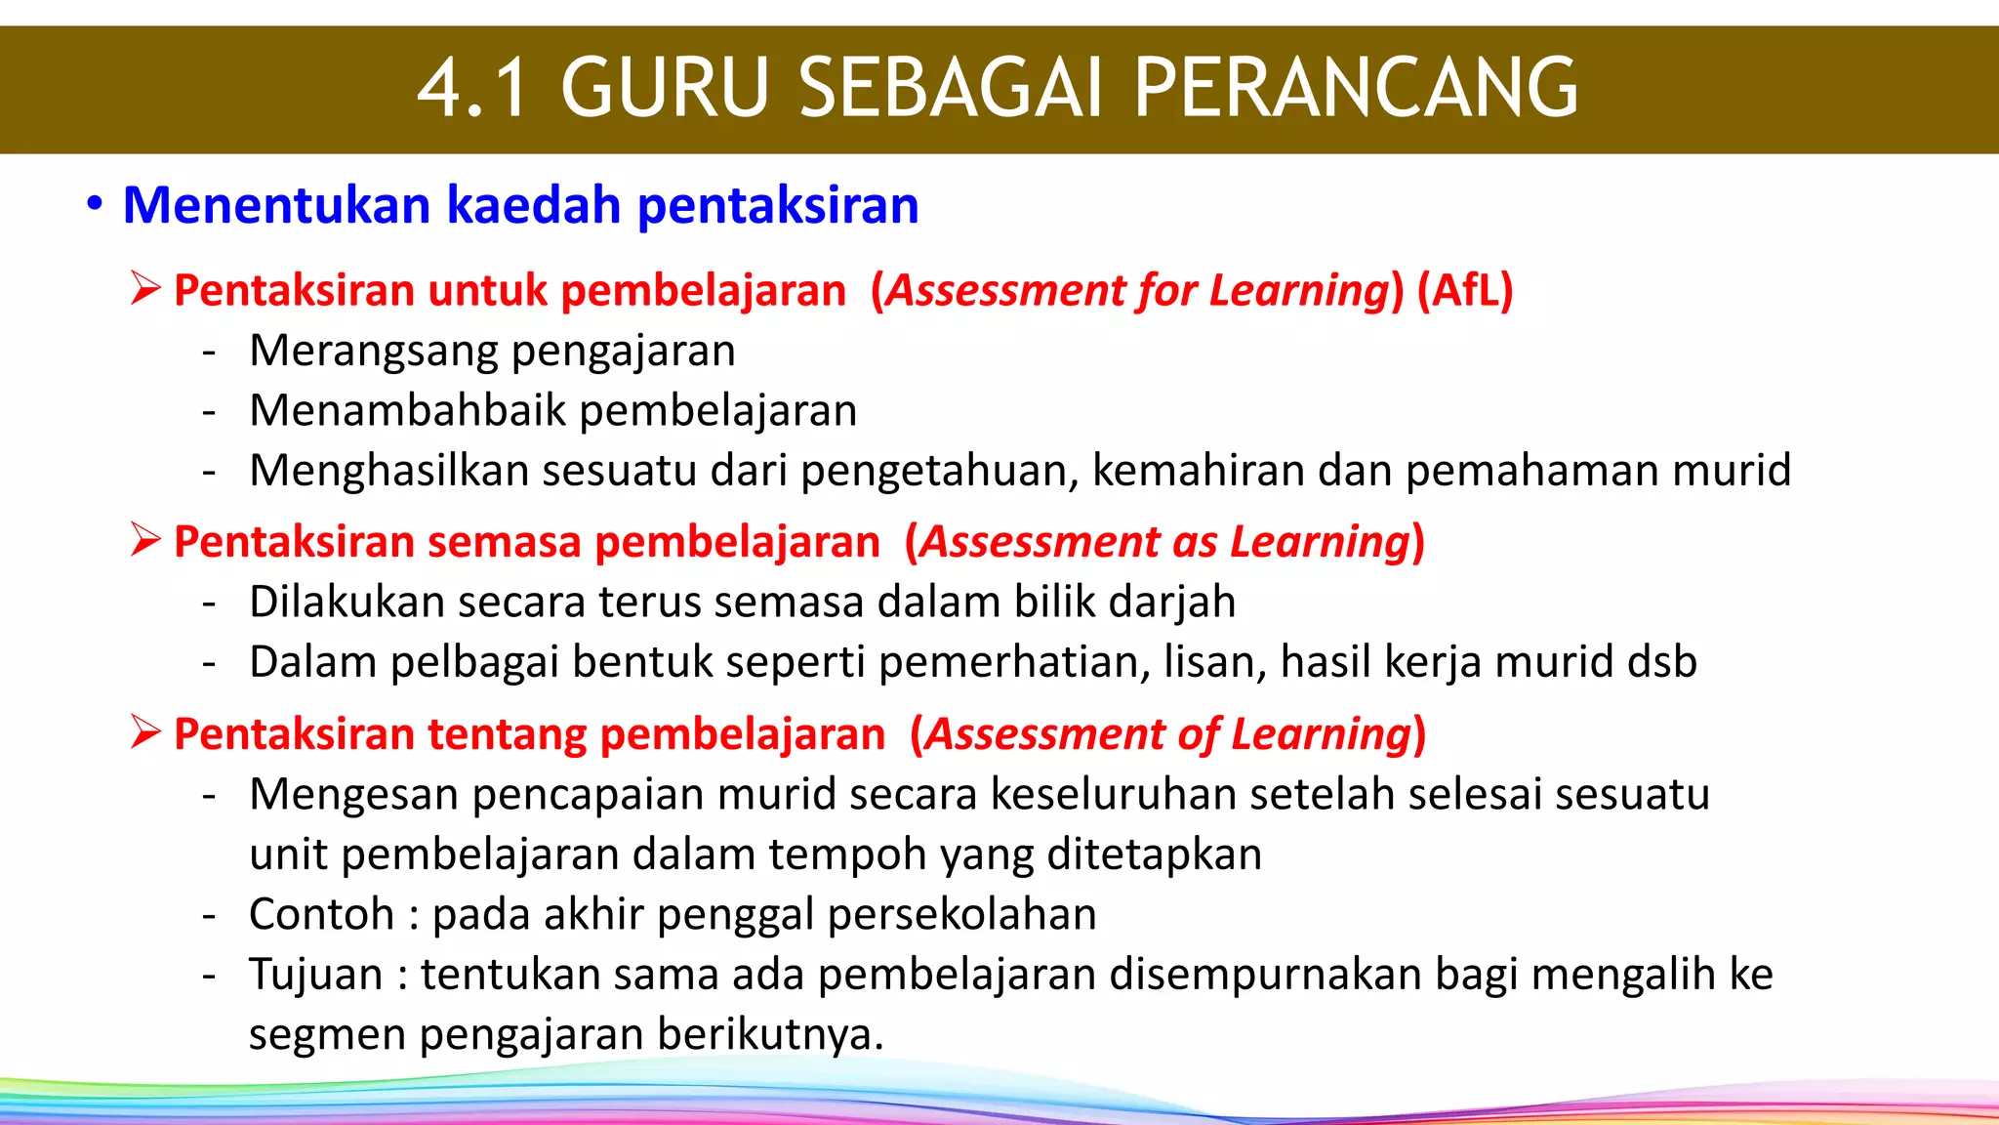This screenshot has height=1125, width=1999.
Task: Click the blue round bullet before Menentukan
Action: pos(94,205)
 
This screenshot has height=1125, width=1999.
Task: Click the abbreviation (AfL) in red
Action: pos(1465,290)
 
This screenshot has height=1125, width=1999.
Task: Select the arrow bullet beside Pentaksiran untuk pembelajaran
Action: pos(145,289)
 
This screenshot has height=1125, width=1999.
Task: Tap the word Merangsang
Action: pos(374,351)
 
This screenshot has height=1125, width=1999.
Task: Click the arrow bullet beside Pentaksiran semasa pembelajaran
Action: pos(145,540)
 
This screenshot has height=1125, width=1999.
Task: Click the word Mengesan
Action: pos(354,794)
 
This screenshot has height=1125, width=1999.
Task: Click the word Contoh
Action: pos(321,915)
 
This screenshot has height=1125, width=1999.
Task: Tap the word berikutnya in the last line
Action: pos(770,1035)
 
